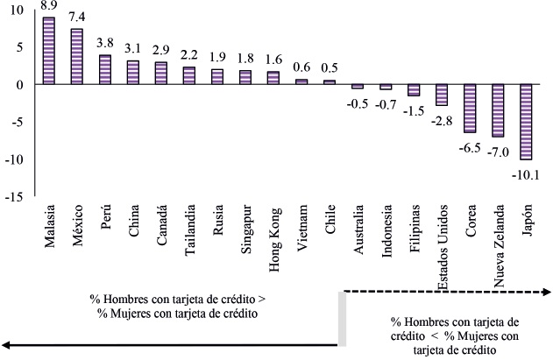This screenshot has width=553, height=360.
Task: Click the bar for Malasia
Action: click(x=49, y=51)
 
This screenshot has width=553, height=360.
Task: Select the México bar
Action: click(x=76, y=56)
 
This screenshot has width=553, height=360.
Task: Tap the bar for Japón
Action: click(x=526, y=122)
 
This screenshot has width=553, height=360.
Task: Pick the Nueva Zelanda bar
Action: click(x=498, y=110)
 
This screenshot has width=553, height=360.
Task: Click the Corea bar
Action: click(x=470, y=109)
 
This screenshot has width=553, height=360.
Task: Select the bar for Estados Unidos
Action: click(x=442, y=95)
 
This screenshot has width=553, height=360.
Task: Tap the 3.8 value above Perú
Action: click(x=104, y=43)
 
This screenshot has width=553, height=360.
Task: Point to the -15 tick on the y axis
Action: click(x=17, y=195)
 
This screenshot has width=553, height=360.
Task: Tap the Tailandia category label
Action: click(x=188, y=229)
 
